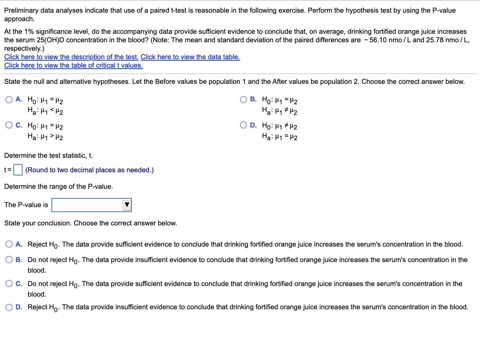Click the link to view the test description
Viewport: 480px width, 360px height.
[x=71, y=57]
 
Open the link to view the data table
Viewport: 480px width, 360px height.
[x=190, y=57]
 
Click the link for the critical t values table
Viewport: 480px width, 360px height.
[x=73, y=66]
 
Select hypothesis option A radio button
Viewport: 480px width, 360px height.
[x=9, y=100]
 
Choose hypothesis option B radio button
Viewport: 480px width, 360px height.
[x=244, y=100]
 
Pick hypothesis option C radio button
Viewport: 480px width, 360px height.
[x=9, y=125]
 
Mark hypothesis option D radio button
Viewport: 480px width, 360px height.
[x=244, y=125]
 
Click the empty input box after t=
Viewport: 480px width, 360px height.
[x=18, y=170]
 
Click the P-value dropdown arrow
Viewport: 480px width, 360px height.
[x=127, y=205]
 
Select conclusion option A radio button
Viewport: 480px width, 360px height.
[x=9, y=244]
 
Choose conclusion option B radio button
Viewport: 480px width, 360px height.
[x=9, y=260]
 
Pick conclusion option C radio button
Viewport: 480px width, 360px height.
[x=9, y=284]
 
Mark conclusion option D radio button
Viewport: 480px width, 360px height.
[x=9, y=307]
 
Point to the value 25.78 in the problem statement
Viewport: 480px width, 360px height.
[x=435, y=40]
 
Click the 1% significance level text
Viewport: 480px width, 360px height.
[x=30, y=32]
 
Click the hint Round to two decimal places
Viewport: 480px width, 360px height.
[x=90, y=170]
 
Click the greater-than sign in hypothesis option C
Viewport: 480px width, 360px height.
[x=52, y=136]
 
